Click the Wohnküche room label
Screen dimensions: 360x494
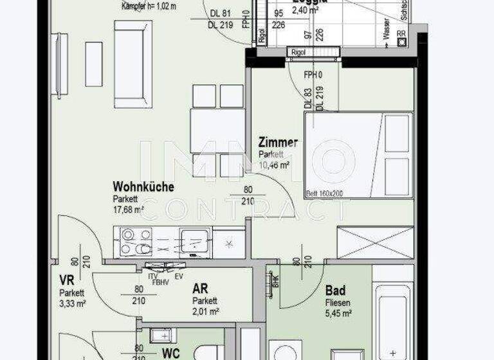143,187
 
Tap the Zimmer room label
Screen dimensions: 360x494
277,143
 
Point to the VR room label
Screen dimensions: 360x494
66,280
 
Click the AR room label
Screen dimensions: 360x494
199,289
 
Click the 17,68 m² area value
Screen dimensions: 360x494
128,209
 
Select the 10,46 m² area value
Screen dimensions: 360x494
274,165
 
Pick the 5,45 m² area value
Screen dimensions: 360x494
338,314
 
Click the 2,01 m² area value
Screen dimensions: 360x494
206,311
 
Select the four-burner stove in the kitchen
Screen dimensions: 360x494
136,242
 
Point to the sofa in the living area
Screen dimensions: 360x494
133,64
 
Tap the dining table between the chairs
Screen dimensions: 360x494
217,131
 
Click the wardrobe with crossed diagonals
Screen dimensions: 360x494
375,242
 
